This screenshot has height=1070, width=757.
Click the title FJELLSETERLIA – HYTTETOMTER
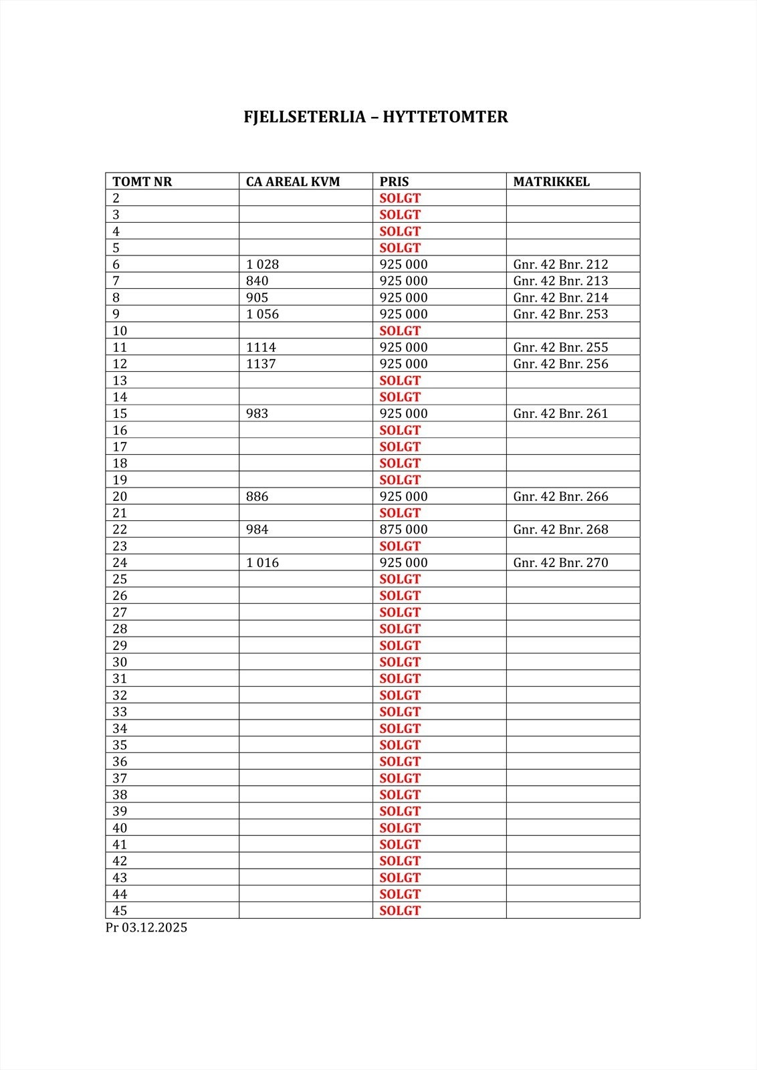coord(376,117)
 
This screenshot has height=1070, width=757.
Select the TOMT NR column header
coord(142,181)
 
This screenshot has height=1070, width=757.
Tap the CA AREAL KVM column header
coord(293,181)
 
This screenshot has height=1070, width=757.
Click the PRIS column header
coord(394,181)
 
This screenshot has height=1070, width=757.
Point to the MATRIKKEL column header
coord(551,181)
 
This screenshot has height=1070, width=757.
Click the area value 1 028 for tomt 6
coord(262,264)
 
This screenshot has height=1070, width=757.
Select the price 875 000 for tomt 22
coord(403,530)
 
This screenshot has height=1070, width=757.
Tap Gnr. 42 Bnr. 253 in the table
coord(560,314)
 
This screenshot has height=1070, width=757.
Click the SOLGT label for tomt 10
coord(400,331)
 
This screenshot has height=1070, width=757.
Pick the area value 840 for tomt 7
coord(257,281)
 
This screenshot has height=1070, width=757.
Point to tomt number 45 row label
coord(120,911)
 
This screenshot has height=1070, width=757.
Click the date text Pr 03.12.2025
coord(146,928)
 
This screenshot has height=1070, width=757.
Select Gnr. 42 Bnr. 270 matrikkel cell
coord(560,562)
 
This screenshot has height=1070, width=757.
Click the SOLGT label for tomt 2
coord(400,198)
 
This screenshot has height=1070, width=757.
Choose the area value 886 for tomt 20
coord(257,496)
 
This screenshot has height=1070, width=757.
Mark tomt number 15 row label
coord(120,414)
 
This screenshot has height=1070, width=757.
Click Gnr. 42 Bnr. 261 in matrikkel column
coord(560,414)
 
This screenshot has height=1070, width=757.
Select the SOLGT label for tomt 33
coord(400,712)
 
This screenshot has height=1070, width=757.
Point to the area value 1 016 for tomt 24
coord(262,562)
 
